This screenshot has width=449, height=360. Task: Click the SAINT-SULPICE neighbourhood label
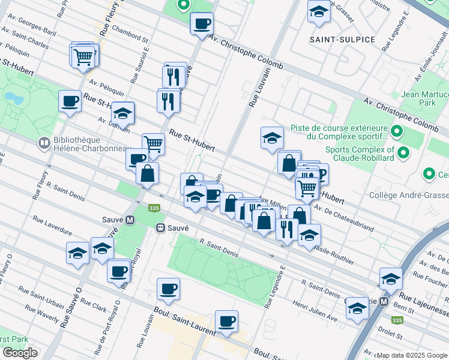[342, 40]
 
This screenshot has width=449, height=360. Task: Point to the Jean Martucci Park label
[424, 99]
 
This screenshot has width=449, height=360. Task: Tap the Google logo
[20, 353]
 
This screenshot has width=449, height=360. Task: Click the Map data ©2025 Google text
[412, 355]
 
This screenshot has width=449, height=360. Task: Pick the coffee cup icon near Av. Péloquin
[70, 101]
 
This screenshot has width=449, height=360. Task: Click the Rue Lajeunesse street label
[424, 306]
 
